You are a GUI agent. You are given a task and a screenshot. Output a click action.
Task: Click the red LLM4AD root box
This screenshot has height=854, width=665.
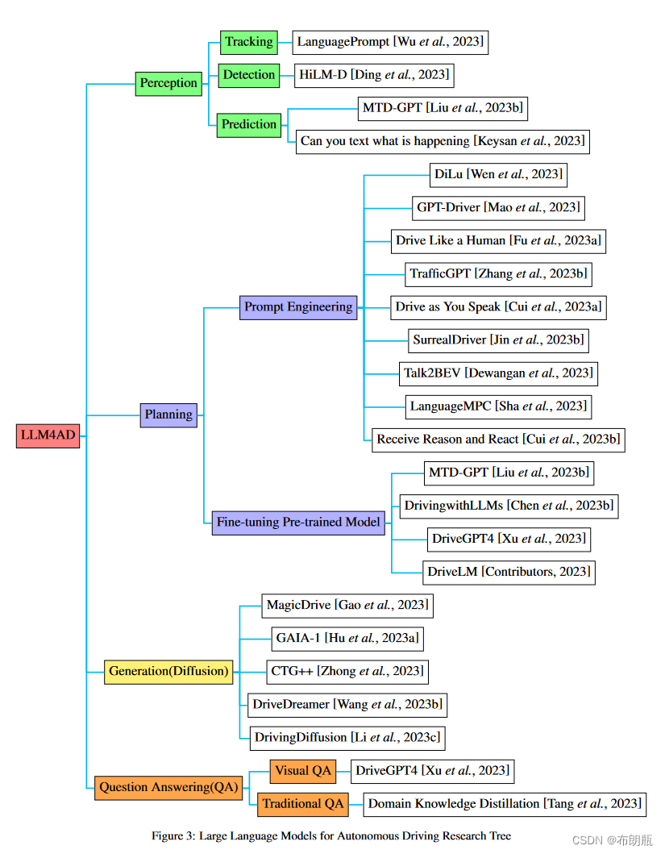click(48, 435)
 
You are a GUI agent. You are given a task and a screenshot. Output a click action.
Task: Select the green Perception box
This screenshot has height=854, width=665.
click(168, 83)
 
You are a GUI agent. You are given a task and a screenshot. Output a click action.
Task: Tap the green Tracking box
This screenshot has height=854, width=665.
click(249, 42)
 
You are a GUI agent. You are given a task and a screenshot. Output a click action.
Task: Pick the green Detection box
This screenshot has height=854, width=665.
click(249, 75)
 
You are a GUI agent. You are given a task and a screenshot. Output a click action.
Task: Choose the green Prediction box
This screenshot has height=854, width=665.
click(249, 124)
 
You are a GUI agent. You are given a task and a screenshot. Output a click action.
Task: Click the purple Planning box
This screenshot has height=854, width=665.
click(168, 415)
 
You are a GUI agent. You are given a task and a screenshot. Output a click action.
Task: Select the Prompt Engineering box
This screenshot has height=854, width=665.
click(298, 306)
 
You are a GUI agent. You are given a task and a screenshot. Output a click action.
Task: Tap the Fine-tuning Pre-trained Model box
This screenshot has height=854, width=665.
click(298, 522)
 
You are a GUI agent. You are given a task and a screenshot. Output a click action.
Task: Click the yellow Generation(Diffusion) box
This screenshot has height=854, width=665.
click(169, 671)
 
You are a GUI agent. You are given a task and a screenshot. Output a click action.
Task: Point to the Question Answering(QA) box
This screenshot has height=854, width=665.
click(168, 787)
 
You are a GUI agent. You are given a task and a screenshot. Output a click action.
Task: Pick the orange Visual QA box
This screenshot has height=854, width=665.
click(303, 771)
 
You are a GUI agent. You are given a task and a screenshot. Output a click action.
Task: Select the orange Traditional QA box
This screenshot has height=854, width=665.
click(303, 803)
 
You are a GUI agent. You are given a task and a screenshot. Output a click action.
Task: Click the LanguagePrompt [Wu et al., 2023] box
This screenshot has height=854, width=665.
click(390, 42)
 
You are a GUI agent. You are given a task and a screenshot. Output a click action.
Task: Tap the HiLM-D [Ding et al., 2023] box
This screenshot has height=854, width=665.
click(373, 75)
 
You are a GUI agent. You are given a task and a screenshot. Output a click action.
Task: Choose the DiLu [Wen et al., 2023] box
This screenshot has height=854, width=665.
click(498, 174)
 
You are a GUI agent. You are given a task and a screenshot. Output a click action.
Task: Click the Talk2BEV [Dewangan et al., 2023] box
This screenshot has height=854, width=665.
click(498, 373)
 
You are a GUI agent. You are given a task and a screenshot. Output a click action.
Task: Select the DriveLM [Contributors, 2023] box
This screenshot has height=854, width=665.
click(509, 572)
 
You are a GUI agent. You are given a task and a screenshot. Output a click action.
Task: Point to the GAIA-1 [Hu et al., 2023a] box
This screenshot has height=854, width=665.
click(347, 638)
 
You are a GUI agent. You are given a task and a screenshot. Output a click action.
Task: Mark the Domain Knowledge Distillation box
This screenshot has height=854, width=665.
click(504, 803)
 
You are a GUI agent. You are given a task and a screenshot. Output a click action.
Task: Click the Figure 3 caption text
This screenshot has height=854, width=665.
click(331, 835)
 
